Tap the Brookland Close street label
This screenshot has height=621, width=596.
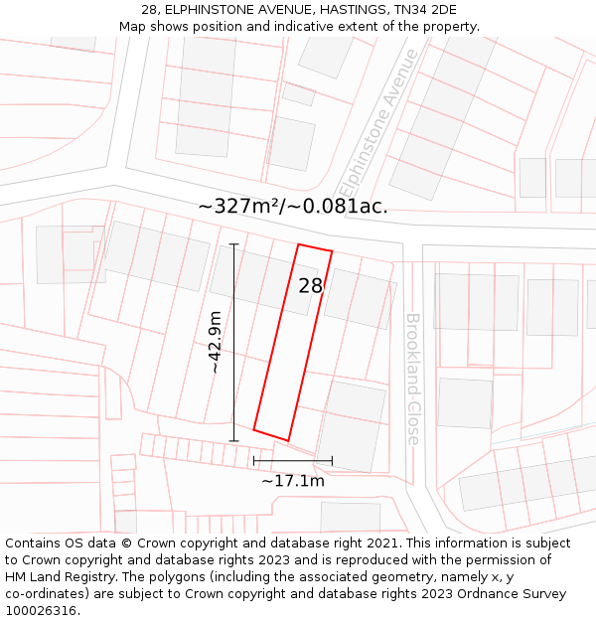(412, 379)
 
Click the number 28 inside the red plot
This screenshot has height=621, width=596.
(310, 286)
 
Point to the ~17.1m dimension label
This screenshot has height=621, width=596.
(293, 481)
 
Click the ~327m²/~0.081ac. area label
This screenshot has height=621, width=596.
(293, 207)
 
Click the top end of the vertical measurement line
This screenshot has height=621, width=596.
(234, 243)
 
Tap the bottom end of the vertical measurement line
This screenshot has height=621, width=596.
(234, 440)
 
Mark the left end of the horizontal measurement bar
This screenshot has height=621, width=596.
(253, 461)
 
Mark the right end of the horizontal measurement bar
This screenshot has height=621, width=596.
(332, 461)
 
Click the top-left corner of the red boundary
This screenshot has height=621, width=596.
(299, 244)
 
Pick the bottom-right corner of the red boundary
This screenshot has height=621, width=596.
(287, 440)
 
